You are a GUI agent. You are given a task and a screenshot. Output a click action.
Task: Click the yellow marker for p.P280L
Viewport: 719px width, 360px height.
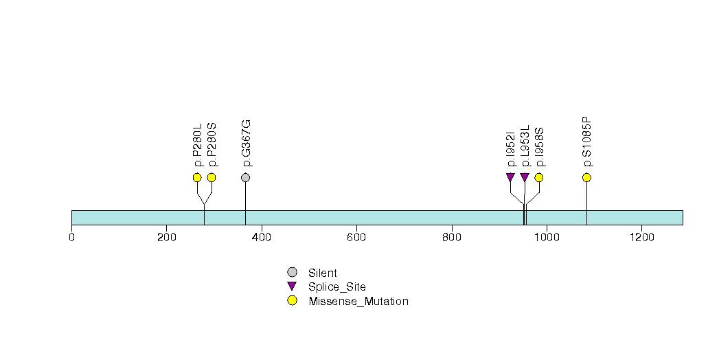197,177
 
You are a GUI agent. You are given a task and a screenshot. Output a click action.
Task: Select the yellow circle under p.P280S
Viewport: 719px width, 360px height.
212,177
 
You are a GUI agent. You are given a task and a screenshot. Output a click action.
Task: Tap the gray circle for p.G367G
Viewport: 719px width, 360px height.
245,177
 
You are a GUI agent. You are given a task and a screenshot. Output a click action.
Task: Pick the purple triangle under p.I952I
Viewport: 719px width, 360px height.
510,177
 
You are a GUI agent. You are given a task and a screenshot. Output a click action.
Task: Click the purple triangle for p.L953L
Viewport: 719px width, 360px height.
525,177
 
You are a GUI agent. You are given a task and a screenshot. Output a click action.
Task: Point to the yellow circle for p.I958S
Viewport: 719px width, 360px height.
539,177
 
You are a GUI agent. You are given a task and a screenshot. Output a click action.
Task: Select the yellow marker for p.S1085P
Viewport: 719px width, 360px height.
586,177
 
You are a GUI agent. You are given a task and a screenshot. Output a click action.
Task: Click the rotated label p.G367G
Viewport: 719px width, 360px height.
247,143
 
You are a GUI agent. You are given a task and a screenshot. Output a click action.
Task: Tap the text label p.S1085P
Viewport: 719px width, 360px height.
587,142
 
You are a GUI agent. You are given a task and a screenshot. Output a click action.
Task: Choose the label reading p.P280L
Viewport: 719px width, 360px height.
198,144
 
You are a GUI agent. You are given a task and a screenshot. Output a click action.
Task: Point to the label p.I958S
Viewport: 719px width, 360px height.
540,147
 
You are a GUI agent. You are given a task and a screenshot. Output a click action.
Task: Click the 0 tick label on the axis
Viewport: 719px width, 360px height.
71,237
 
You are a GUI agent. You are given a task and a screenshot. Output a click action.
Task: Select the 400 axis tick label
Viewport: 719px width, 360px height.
262,237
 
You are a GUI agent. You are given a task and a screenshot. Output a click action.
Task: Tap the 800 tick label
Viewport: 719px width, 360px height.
452,237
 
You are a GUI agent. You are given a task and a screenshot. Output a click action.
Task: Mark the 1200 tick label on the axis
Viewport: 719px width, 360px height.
641,237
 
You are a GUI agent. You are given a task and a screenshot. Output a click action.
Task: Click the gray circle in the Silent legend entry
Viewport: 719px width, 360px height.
292,273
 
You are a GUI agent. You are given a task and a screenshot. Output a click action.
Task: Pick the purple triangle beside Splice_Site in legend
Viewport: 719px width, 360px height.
292,286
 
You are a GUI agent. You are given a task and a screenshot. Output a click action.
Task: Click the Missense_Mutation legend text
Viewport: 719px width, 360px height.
358,302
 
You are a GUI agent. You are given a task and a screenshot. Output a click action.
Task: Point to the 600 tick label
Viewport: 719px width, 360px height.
356,237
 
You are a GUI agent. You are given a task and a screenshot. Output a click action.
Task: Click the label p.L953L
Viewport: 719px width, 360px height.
525,146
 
